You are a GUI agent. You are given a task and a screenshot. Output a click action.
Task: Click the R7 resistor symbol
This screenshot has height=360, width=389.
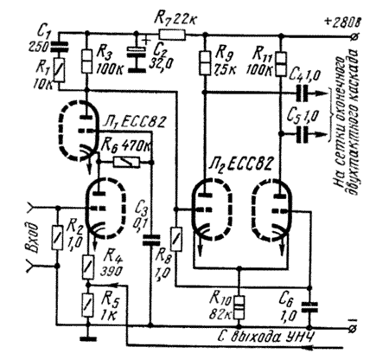point(172,35)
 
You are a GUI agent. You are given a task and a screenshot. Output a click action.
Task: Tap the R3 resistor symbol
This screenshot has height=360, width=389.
point(87,61)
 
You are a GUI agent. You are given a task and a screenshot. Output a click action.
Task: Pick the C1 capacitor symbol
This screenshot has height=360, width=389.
point(60,47)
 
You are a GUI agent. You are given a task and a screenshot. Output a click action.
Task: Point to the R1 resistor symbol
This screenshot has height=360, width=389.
point(60,70)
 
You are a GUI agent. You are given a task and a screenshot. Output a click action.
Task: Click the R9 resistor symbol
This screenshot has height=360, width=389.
point(205,62)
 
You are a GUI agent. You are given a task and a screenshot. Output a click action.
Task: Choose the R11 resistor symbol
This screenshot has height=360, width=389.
point(281,63)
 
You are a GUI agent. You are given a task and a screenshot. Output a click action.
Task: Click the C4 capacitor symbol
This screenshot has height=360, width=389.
point(303,93)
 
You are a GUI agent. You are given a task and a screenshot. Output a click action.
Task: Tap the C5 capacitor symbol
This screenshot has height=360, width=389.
point(303,134)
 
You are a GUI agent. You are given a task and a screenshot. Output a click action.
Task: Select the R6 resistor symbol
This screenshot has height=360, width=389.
point(126,163)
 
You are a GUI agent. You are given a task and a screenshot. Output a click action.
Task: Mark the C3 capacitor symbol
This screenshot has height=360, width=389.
point(150,240)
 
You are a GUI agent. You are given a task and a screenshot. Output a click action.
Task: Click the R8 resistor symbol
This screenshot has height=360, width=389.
point(175,239)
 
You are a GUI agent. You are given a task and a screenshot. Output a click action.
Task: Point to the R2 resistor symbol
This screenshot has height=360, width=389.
point(57,237)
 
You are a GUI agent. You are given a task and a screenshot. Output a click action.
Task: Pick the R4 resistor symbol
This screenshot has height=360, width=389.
point(88,267)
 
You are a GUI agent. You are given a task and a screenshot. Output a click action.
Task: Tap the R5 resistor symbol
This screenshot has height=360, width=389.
point(88,305)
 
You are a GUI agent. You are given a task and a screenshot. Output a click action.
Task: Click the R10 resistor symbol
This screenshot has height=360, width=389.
point(239,307)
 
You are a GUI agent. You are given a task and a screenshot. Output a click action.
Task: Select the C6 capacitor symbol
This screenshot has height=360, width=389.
point(309,307)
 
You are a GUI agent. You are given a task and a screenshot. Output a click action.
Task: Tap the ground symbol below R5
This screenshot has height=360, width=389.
point(88,338)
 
